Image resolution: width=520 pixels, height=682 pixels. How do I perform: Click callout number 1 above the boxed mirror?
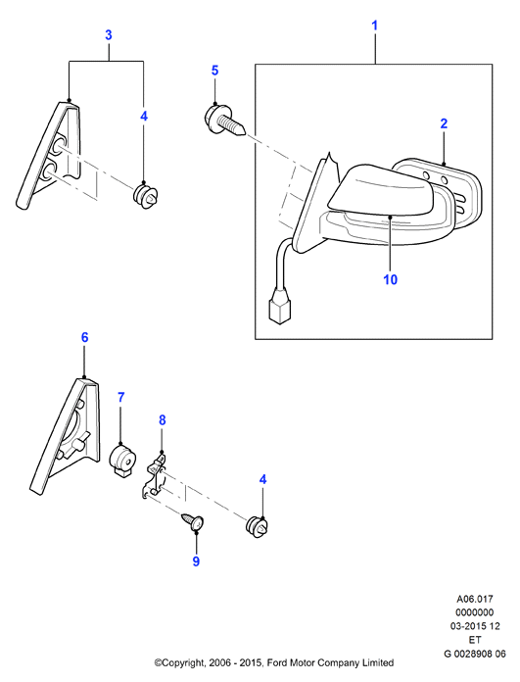(x=374, y=25)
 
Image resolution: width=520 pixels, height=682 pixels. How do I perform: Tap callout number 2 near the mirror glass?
(x=444, y=123)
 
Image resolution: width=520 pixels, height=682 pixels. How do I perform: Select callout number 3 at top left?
(x=109, y=35)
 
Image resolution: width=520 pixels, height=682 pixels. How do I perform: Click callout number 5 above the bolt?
(x=214, y=71)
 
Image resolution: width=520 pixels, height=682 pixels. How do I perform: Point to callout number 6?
(x=85, y=337)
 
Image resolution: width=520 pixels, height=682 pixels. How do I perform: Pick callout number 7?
(x=120, y=397)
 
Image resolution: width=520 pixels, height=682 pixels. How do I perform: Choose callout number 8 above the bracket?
(x=163, y=420)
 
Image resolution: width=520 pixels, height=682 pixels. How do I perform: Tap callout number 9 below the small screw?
(x=196, y=561)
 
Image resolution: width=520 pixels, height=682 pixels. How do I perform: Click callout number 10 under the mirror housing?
(x=391, y=279)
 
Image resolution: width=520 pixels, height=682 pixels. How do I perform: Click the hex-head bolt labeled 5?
(x=225, y=121)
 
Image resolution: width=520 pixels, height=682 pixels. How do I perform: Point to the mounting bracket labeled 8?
(x=155, y=476)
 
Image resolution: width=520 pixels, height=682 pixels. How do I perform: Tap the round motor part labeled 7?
(x=121, y=460)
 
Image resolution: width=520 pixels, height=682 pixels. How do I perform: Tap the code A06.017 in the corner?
(x=475, y=599)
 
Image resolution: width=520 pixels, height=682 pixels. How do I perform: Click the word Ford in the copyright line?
(x=275, y=662)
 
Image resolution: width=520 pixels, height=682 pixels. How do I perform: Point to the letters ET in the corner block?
(x=475, y=640)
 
